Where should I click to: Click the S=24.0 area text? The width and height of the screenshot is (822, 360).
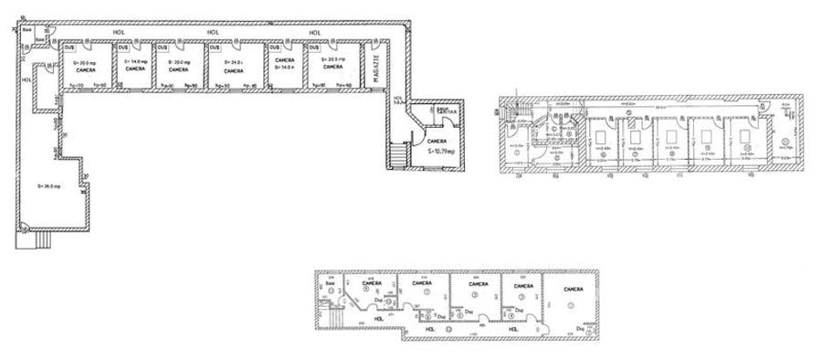pyautogui.click(x=232, y=62)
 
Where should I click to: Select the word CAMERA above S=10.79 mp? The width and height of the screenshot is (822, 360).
pyautogui.click(x=437, y=141)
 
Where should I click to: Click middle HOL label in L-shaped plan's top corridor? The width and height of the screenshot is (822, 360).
pyautogui.click(x=213, y=33)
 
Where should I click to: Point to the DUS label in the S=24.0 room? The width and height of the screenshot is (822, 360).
pyautogui.click(x=214, y=48)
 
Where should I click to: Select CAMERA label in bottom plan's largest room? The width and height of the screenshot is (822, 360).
pyautogui.click(x=572, y=290)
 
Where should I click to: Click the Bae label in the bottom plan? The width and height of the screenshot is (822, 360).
pyautogui.click(x=330, y=283)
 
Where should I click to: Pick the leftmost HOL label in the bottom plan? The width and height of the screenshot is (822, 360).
pyautogui.click(x=370, y=319)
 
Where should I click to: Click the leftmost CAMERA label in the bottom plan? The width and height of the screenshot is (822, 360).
pyautogui.click(x=372, y=283)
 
